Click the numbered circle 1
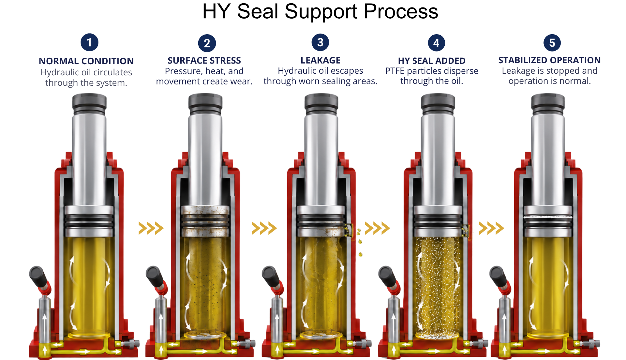[x=89, y=42]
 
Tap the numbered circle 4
[x=436, y=43]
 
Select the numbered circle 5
[x=552, y=43]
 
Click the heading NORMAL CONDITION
[x=86, y=61]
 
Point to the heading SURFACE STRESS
[x=204, y=60]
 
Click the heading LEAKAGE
[x=320, y=60]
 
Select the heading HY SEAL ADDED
[x=432, y=61]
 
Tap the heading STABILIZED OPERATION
[x=549, y=60]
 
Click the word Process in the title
[x=401, y=12]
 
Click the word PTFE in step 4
[x=395, y=71]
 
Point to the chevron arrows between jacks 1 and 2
[x=151, y=228]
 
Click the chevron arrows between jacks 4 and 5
[x=491, y=228]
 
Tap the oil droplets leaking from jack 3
[x=360, y=241]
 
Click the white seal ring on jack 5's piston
[x=548, y=217]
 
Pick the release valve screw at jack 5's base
[x=593, y=343]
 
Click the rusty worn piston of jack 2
[x=205, y=221]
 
